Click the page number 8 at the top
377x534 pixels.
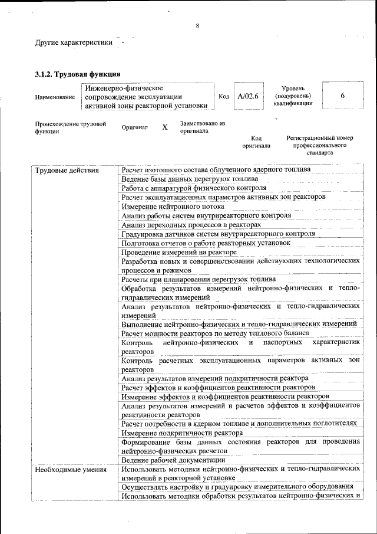(197, 26)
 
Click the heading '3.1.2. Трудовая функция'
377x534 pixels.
(78, 74)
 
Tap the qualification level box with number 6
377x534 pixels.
(342, 96)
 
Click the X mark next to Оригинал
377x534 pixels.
(165, 127)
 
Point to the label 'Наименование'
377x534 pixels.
(55, 97)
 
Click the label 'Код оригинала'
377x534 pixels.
(256, 142)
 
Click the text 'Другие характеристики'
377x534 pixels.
(74, 43)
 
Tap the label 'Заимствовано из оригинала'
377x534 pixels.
(203, 127)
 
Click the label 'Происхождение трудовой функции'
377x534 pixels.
(70, 128)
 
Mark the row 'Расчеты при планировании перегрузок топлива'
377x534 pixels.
(198, 279)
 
